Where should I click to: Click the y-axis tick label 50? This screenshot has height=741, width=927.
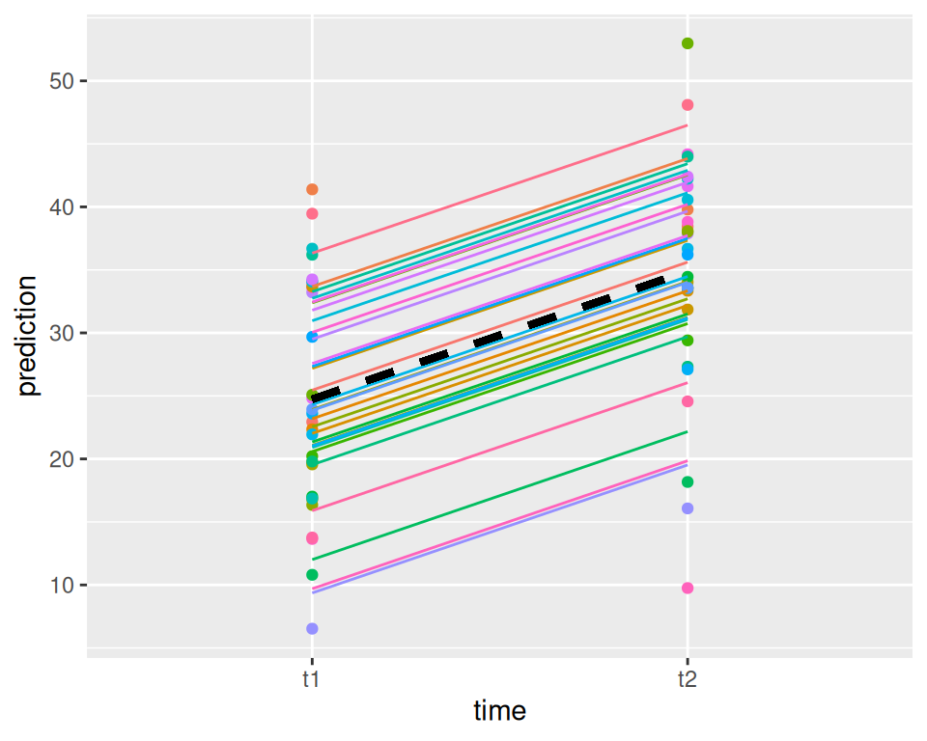point(63,81)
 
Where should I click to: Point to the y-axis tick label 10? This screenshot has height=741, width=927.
point(63,585)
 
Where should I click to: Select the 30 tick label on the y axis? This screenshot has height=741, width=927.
point(63,333)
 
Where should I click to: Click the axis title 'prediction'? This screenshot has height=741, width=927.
point(28,336)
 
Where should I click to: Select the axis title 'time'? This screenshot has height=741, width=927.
point(499,712)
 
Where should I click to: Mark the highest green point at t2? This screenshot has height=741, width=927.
point(688,43)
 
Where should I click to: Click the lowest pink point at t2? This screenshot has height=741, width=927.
point(688,588)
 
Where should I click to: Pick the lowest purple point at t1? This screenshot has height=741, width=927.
point(312,629)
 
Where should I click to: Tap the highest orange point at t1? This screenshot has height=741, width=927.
point(312,189)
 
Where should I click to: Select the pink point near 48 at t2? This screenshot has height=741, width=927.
point(688,105)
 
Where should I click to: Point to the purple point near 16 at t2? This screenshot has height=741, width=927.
point(688,508)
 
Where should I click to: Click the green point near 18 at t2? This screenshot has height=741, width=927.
point(688,482)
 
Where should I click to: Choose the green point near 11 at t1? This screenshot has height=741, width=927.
point(312,575)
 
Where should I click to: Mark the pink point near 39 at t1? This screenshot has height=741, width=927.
point(312,214)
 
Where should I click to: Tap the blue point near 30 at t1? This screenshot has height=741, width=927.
point(312,337)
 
